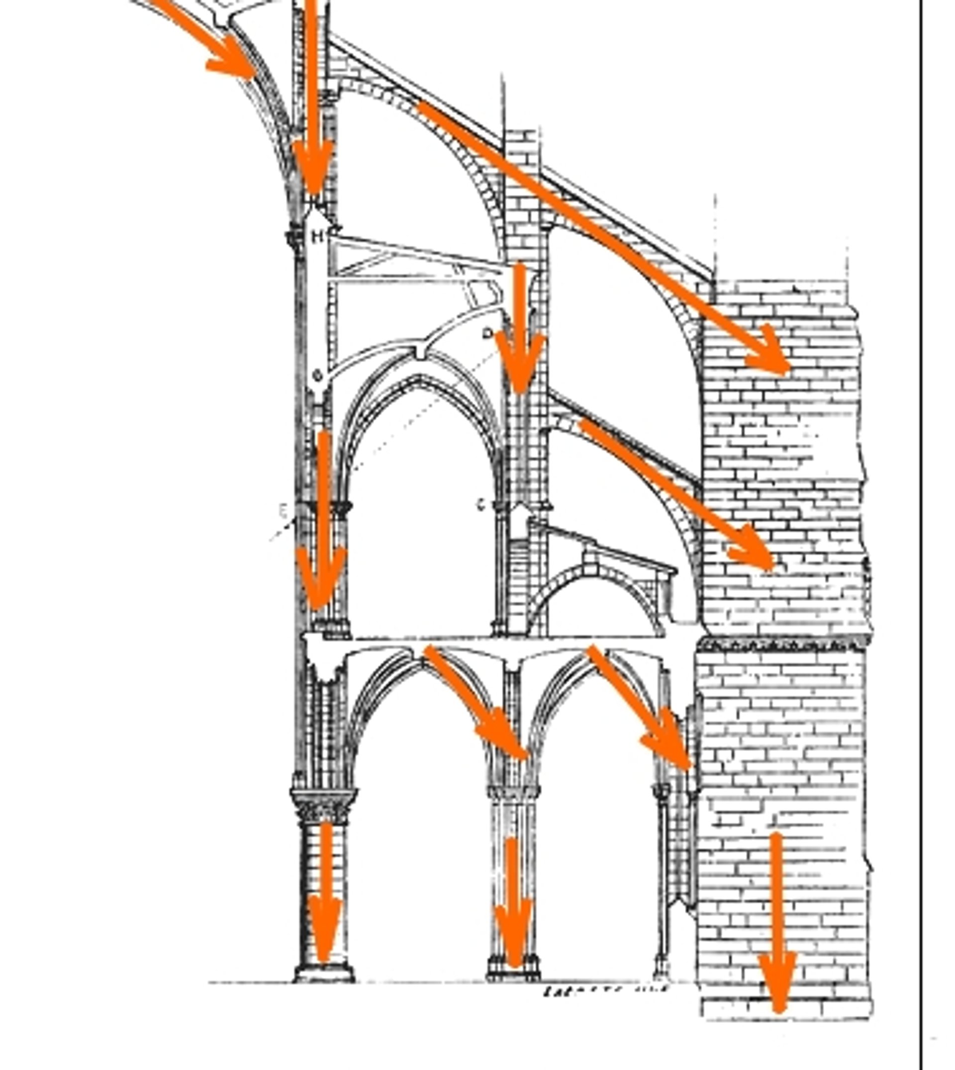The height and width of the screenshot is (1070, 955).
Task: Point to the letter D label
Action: (x=487, y=333)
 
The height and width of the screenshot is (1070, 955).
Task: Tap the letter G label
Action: (x=316, y=375)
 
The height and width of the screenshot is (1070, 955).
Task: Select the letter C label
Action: (x=481, y=505)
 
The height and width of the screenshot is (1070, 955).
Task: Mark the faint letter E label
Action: (x=284, y=510)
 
